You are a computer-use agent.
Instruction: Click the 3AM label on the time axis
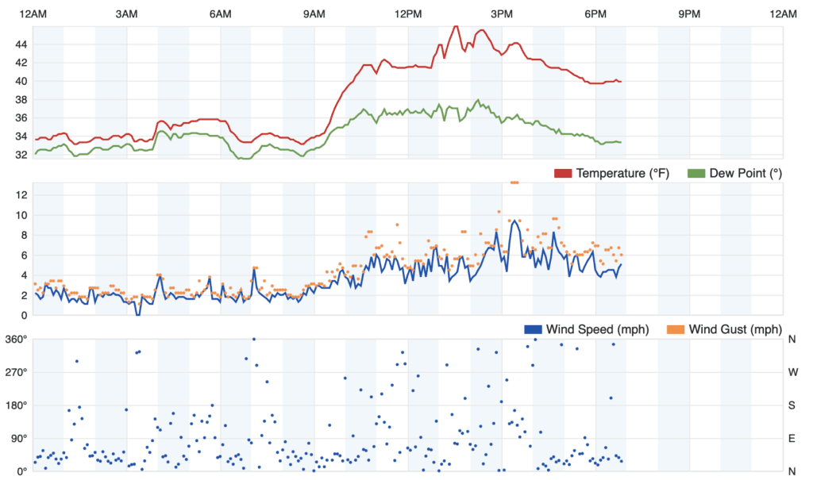126,13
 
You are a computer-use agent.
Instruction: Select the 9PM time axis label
690,13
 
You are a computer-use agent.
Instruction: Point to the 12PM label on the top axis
408,13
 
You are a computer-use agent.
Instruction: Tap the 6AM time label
220,13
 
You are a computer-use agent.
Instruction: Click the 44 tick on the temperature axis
21,43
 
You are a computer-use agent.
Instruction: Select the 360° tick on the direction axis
17,340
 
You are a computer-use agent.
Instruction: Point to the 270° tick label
17,372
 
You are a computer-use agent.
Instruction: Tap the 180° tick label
17,405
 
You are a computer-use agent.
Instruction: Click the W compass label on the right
792,372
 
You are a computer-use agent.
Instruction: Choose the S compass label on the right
792,405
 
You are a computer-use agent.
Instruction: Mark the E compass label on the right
792,438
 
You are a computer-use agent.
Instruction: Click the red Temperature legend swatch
562,173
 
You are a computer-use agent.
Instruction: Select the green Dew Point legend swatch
696,173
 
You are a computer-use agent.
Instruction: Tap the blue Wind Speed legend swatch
533,329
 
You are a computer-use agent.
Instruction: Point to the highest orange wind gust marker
514,182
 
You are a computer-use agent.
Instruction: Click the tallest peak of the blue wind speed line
514,221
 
